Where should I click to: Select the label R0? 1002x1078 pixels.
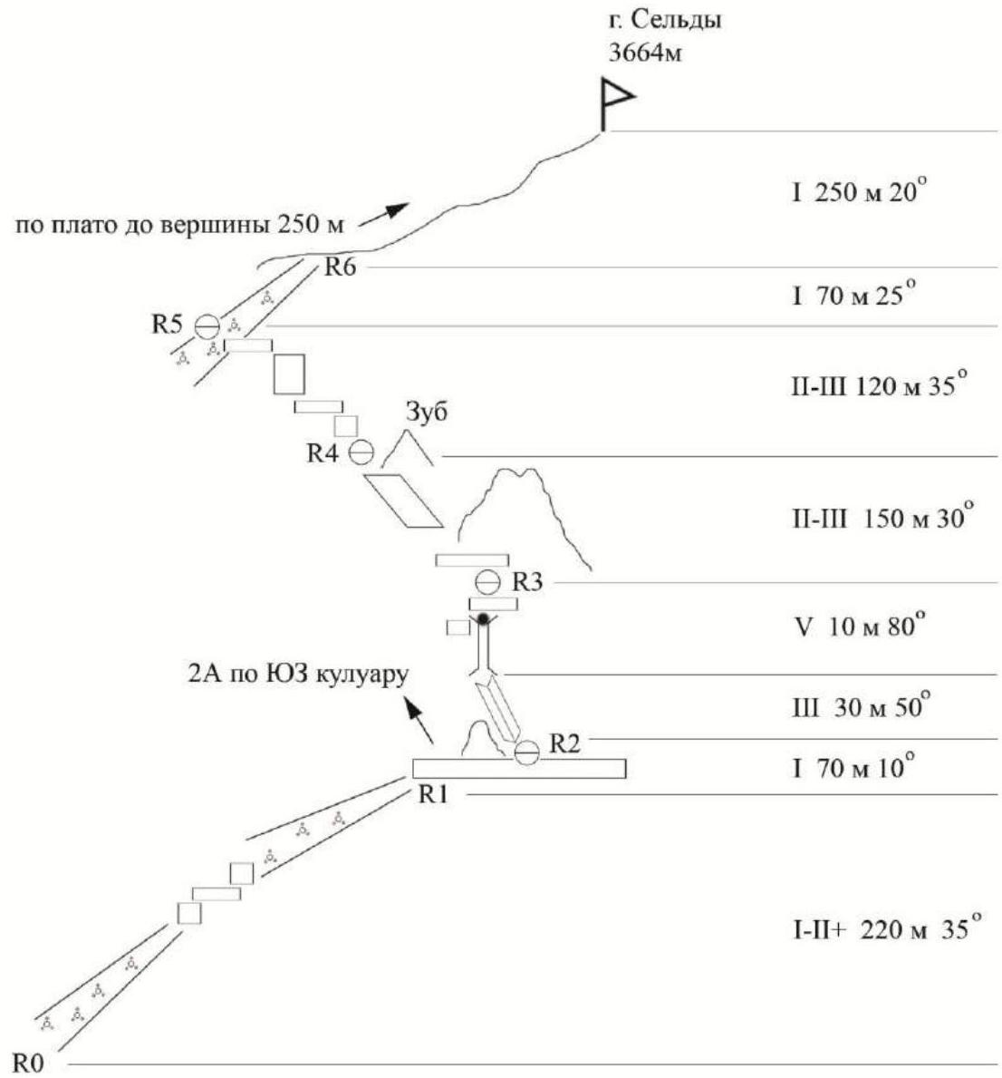tap(29, 1062)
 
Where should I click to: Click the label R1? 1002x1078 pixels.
tap(434, 795)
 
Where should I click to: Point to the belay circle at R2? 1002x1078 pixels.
tap(526, 752)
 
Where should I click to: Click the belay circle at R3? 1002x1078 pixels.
tap(487, 580)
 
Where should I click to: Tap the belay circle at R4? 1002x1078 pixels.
tap(361, 451)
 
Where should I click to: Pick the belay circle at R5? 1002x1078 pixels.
tap(208, 323)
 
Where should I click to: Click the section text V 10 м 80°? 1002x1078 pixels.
tap(856, 626)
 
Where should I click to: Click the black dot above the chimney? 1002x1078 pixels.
tap(484, 618)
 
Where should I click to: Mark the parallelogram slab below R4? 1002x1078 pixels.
tap(404, 500)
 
